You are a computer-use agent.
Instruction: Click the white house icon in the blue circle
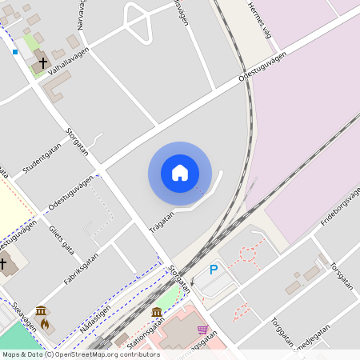(x=180, y=173)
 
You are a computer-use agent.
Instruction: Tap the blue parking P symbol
(x=213, y=270)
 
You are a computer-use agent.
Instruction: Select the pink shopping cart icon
(x=203, y=329)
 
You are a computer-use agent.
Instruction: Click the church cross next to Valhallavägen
(x=42, y=62)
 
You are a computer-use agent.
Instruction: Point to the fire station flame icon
(x=46, y=324)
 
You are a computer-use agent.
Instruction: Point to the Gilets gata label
(x=62, y=238)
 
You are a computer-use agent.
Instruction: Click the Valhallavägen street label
(x=68, y=60)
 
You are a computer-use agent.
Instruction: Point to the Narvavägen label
(x=82, y=16)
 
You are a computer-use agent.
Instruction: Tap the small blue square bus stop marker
(x=15, y=51)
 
